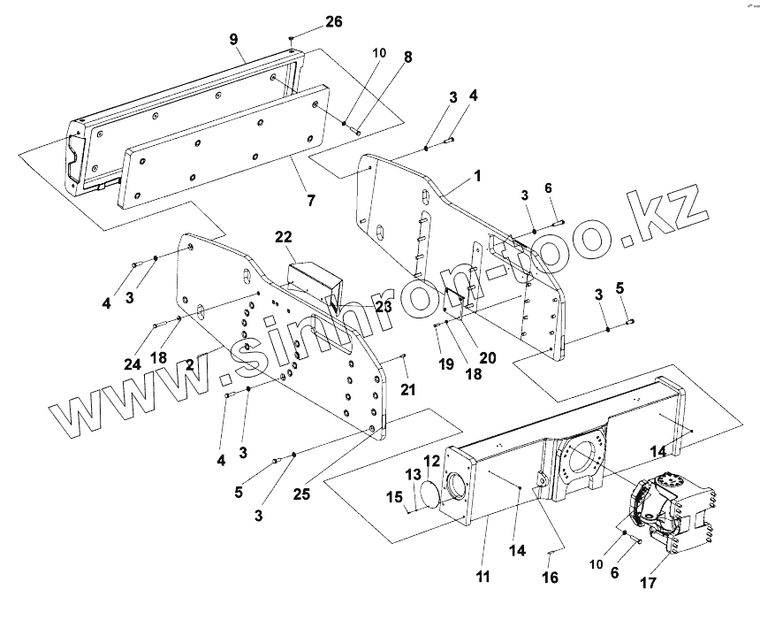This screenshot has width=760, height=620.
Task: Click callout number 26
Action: pos(308,22)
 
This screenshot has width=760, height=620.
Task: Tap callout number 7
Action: pos(310,201)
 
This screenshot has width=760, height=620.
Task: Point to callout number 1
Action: pos(476,176)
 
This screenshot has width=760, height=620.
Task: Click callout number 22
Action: pos(284,238)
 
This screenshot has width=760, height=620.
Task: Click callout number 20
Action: pos(486,358)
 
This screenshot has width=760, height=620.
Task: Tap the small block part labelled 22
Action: pos(311,281)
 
